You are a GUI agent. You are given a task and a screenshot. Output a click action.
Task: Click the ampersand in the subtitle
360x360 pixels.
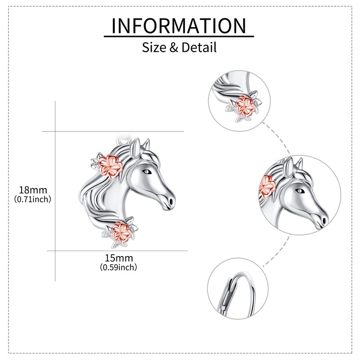point(174,47)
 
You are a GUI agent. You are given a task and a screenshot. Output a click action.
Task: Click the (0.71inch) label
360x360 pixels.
point(32,198)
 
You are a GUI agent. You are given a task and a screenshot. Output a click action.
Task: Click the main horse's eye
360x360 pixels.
point(146,171)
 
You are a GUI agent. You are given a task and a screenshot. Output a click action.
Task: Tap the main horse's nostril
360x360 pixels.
point(171,197)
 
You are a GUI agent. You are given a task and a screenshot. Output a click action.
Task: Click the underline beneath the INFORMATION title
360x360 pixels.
point(179,36)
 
